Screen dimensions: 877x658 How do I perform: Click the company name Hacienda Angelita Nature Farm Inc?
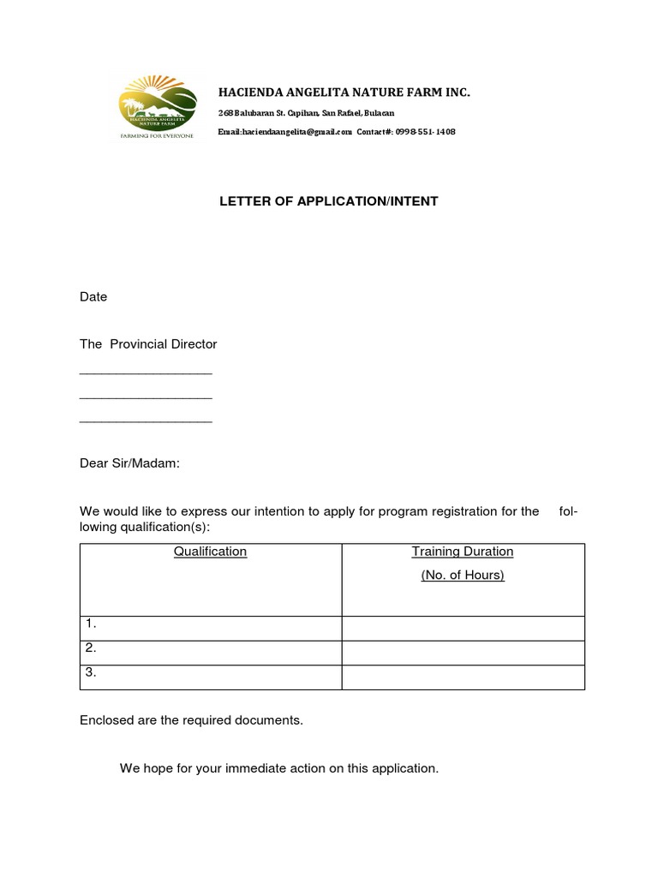[x=344, y=92]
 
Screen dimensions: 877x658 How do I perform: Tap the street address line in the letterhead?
[x=306, y=113]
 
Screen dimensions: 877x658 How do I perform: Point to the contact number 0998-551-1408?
[x=425, y=132]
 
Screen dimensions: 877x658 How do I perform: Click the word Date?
[x=93, y=297]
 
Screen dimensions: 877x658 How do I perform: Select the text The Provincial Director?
[x=148, y=344]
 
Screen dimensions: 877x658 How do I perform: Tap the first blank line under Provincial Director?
[x=146, y=372]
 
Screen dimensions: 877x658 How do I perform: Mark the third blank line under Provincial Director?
[x=146, y=420]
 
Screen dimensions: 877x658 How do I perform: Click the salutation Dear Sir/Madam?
[x=129, y=463]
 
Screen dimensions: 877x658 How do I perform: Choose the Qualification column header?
[x=210, y=552]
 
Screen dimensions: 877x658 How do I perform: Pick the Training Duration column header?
[x=463, y=552]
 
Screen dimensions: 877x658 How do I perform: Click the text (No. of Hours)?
[x=463, y=576]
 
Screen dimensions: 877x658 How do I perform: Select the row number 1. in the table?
[x=91, y=624]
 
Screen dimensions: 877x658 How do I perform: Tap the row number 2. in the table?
[x=91, y=649]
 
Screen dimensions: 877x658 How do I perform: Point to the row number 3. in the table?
[x=91, y=673]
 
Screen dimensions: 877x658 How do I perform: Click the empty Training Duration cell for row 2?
[x=463, y=653]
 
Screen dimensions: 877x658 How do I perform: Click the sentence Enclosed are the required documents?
[x=191, y=720]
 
